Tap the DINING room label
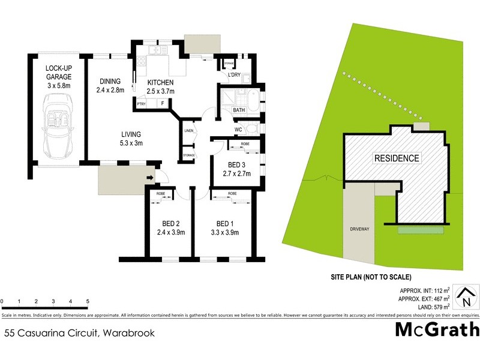click(x=110, y=82)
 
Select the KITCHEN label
click(x=160, y=82)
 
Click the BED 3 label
click(x=234, y=164)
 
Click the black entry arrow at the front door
click(x=149, y=177)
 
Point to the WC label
click(x=238, y=129)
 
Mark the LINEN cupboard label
click(x=188, y=130)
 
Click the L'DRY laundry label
click(x=235, y=76)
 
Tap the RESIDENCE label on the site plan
click(x=397, y=158)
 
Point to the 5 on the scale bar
click(x=88, y=301)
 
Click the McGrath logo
click(x=437, y=329)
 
